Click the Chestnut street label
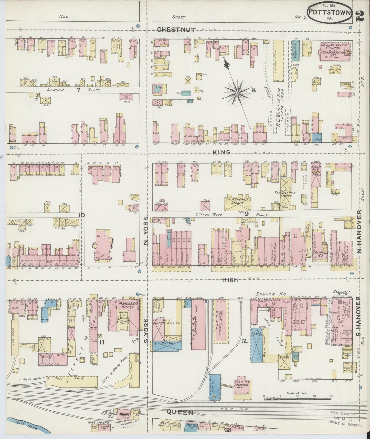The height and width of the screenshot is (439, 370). (x=176, y=30)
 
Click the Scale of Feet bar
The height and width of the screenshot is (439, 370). (x=298, y=397)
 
